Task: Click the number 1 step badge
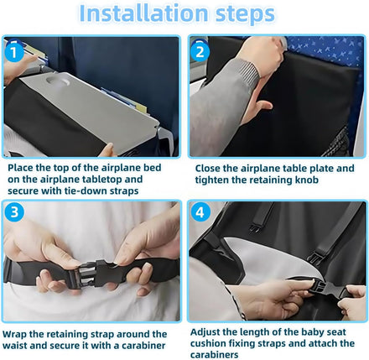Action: tap(14, 52)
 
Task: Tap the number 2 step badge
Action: tap(200, 52)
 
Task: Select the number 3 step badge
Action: tap(14, 211)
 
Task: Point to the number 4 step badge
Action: tap(200, 212)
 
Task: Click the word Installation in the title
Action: tap(144, 13)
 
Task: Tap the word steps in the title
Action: tap(245, 15)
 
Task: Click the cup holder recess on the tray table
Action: tap(58, 81)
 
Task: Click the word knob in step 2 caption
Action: tap(307, 180)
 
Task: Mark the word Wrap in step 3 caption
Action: tap(14, 335)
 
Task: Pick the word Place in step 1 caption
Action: tap(20, 168)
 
